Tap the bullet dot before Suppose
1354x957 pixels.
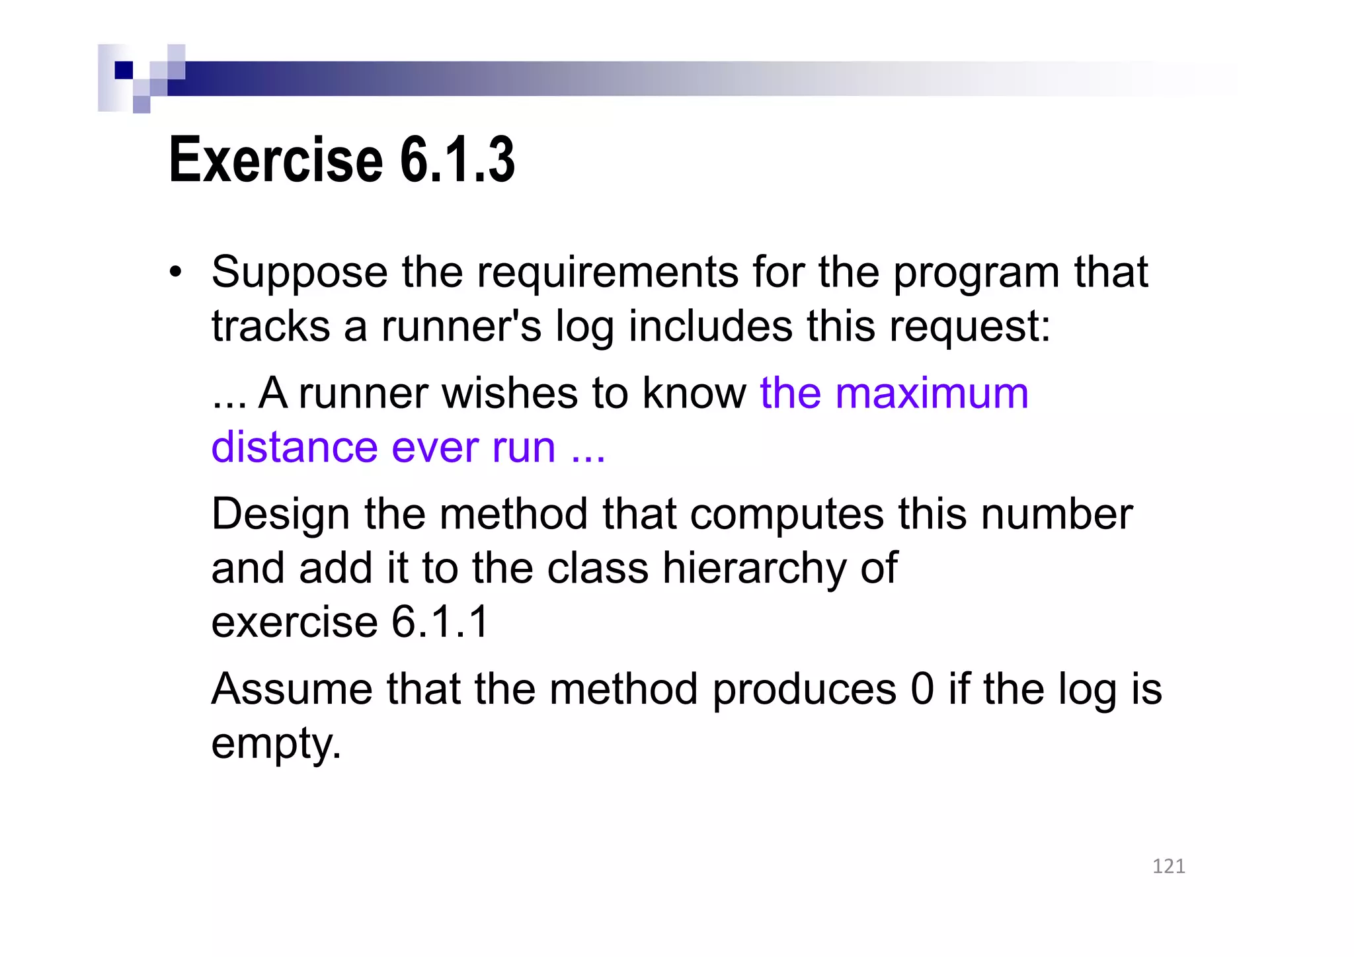click(x=175, y=272)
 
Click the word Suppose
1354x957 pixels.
click(x=299, y=272)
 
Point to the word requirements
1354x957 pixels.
click(x=608, y=272)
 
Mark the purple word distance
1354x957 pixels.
click(x=294, y=447)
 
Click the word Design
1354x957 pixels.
click(x=280, y=515)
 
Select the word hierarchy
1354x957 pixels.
click(x=754, y=568)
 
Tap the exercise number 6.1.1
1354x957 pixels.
click(x=440, y=622)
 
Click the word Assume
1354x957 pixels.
click(x=292, y=689)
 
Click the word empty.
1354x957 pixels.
click(x=276, y=744)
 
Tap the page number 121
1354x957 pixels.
click(x=1168, y=866)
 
